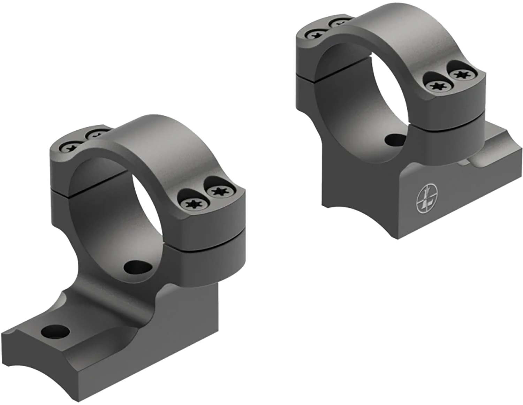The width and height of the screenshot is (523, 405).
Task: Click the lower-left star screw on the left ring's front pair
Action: click(x=192, y=204)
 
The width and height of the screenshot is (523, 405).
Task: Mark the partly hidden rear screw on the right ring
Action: click(x=338, y=23)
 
